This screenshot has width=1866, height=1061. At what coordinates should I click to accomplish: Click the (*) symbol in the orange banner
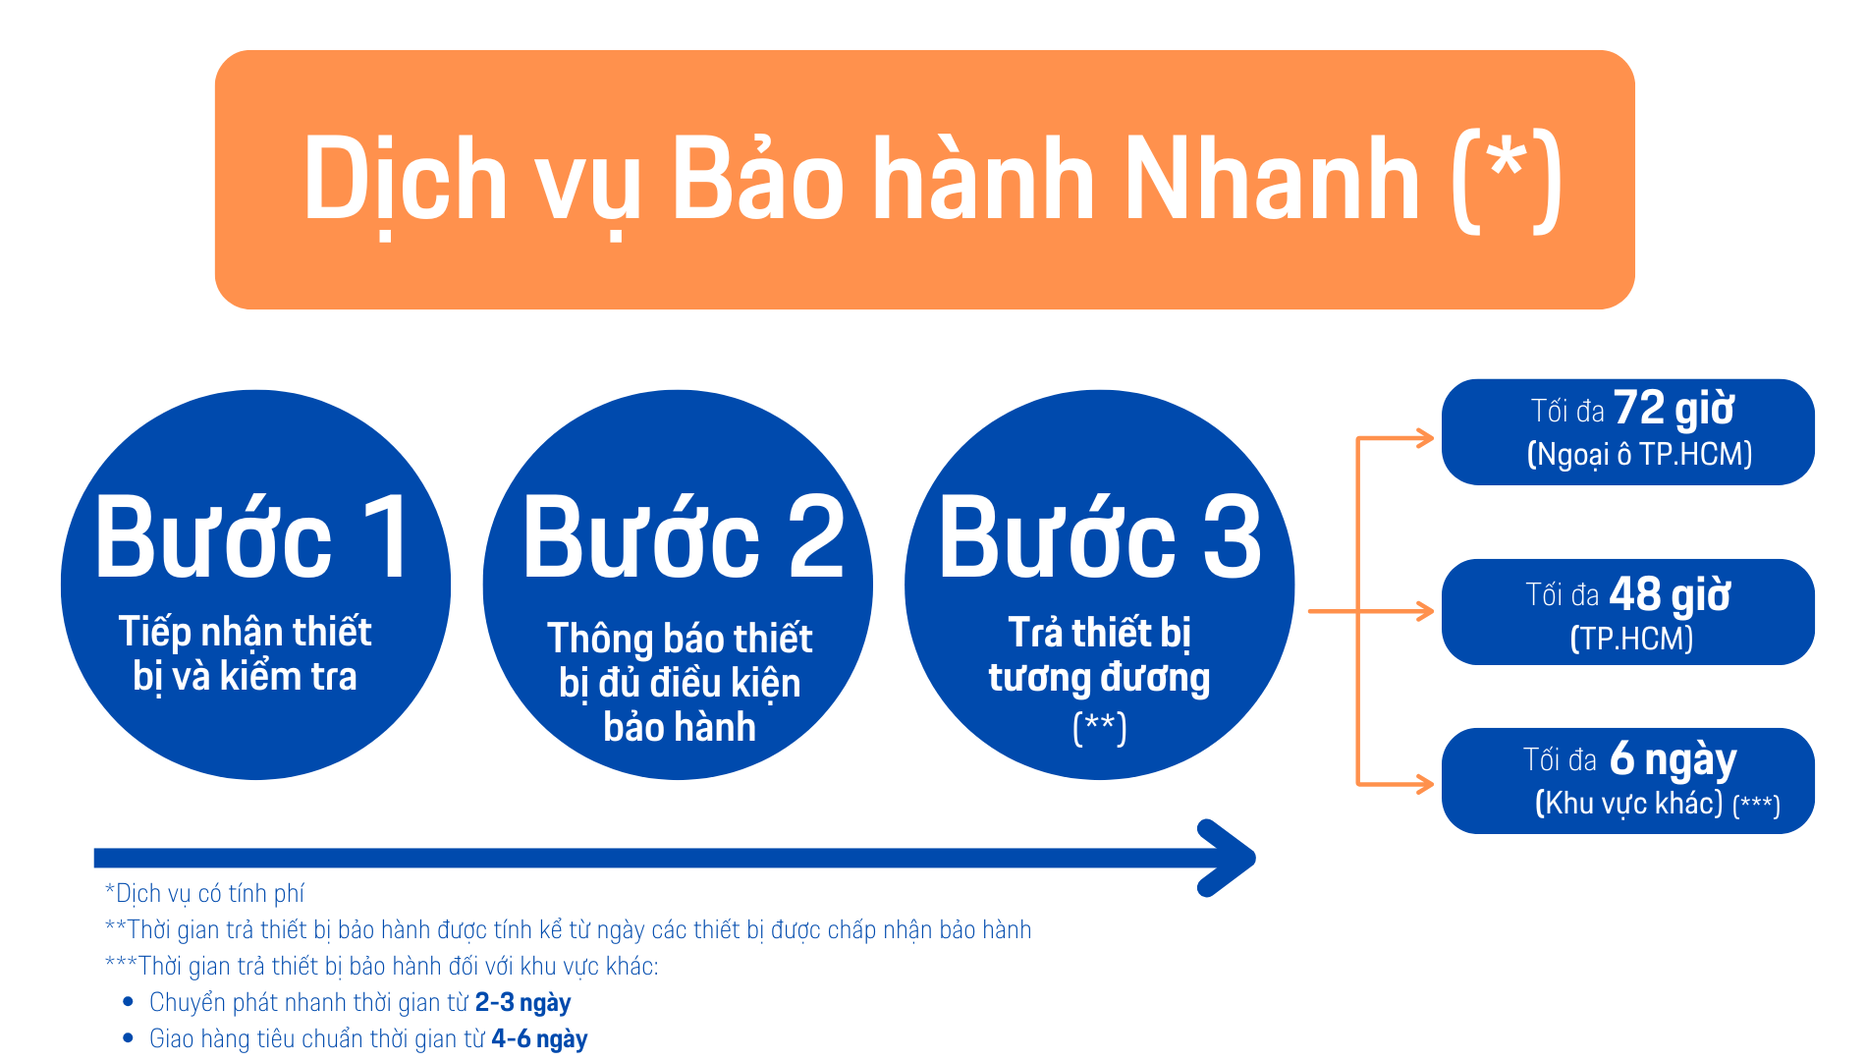pos(1507,181)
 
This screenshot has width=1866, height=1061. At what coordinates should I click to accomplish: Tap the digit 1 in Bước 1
pos(388,536)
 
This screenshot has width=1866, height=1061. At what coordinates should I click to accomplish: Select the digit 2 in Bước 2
pos(816,536)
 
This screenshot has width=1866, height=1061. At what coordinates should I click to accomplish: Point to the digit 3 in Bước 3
pos(1233,536)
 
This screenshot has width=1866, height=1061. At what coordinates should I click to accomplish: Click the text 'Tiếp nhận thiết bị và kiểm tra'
pos(246,653)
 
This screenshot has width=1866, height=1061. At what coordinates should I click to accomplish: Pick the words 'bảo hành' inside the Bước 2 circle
pos(680,727)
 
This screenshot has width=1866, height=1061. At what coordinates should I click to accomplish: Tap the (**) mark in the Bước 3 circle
pos(1100,728)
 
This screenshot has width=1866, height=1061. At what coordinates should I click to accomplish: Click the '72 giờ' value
pos(1674,409)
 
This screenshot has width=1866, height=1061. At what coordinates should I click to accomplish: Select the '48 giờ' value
pos(1670,594)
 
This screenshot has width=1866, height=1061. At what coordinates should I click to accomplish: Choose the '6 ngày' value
pos(1674,759)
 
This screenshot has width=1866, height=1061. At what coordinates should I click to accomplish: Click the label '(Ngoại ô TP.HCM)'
pos(1639,454)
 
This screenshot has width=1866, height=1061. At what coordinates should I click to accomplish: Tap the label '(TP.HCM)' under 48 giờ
pos(1631,639)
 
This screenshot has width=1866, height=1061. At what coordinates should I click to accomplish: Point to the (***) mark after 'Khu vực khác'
pos(1756,806)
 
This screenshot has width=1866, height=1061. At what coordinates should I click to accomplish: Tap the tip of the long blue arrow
pos(1255,858)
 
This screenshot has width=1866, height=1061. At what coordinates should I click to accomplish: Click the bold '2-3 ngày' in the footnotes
pos(522,1002)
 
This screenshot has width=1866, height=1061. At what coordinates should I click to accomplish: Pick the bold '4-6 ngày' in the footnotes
pos(539,1038)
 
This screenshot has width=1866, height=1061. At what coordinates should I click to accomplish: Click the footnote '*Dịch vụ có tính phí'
pos(204,893)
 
